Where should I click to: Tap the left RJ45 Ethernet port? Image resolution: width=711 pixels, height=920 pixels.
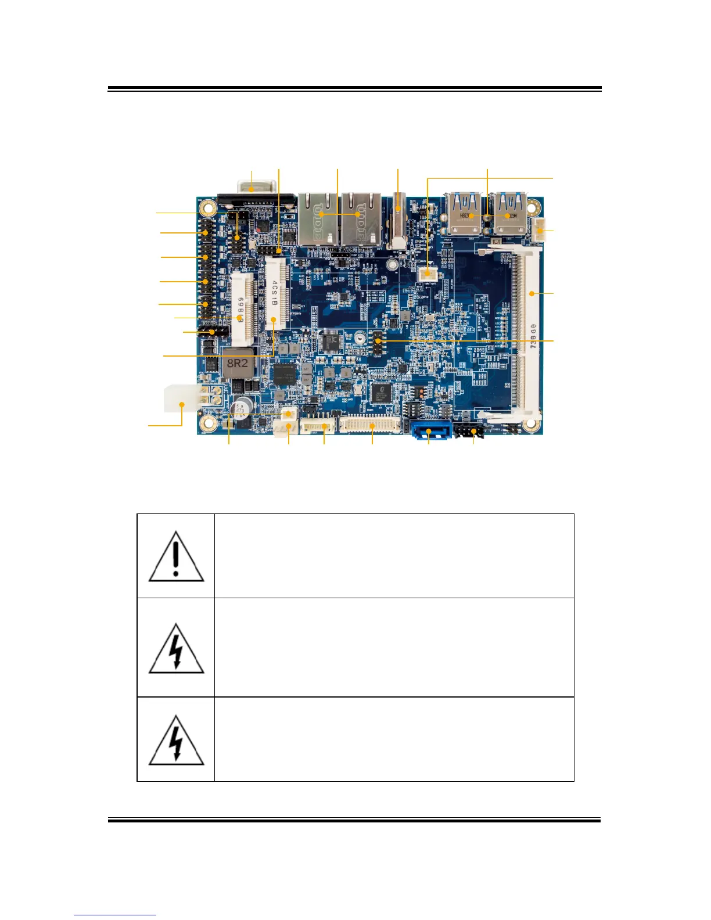[x=318, y=218]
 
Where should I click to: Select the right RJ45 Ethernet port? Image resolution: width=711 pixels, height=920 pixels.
[x=361, y=218]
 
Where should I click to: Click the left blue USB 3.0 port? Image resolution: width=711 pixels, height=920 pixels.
[x=465, y=213]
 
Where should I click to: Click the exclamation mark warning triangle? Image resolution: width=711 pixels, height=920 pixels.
[x=176, y=556]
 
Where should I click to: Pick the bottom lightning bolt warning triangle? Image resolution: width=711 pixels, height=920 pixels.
[x=176, y=741]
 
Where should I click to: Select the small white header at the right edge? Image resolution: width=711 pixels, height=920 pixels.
[x=540, y=232]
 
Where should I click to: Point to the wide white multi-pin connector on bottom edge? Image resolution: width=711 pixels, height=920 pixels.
[x=371, y=426]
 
